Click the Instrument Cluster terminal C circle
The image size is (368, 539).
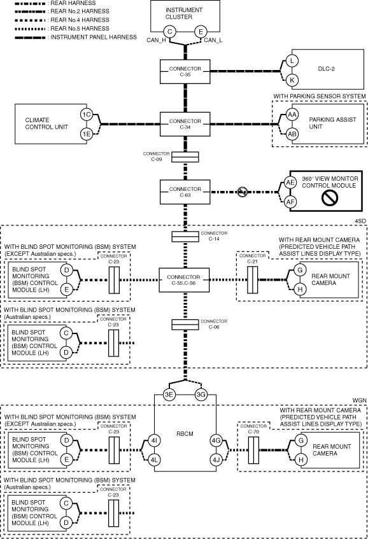tap(169, 32)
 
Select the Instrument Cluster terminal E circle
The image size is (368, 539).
tap(201, 32)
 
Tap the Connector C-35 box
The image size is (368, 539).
tap(185, 71)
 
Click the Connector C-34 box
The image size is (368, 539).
tap(185, 124)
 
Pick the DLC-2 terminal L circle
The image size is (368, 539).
tap(292, 61)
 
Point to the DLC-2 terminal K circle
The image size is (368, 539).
tap(292, 80)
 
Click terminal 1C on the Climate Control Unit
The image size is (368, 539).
tap(87, 115)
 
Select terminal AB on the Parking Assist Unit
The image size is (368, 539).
tap(292, 134)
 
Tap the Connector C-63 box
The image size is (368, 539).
tap(185, 192)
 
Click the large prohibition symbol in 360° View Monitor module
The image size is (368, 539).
tap(329, 197)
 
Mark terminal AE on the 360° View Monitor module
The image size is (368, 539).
tap(290, 182)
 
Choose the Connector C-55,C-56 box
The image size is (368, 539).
tap(184, 280)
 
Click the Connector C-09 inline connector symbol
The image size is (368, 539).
tap(185, 157)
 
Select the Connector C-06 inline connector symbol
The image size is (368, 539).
tap(185, 325)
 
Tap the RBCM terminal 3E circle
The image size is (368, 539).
tap(169, 395)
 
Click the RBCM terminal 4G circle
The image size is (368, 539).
tap(216, 440)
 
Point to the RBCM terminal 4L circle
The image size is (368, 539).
tap(154, 459)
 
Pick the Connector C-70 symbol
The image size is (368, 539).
tap(253, 450)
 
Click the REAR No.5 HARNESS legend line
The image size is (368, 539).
tap(30, 29)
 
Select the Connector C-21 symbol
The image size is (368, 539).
tap(252, 280)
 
